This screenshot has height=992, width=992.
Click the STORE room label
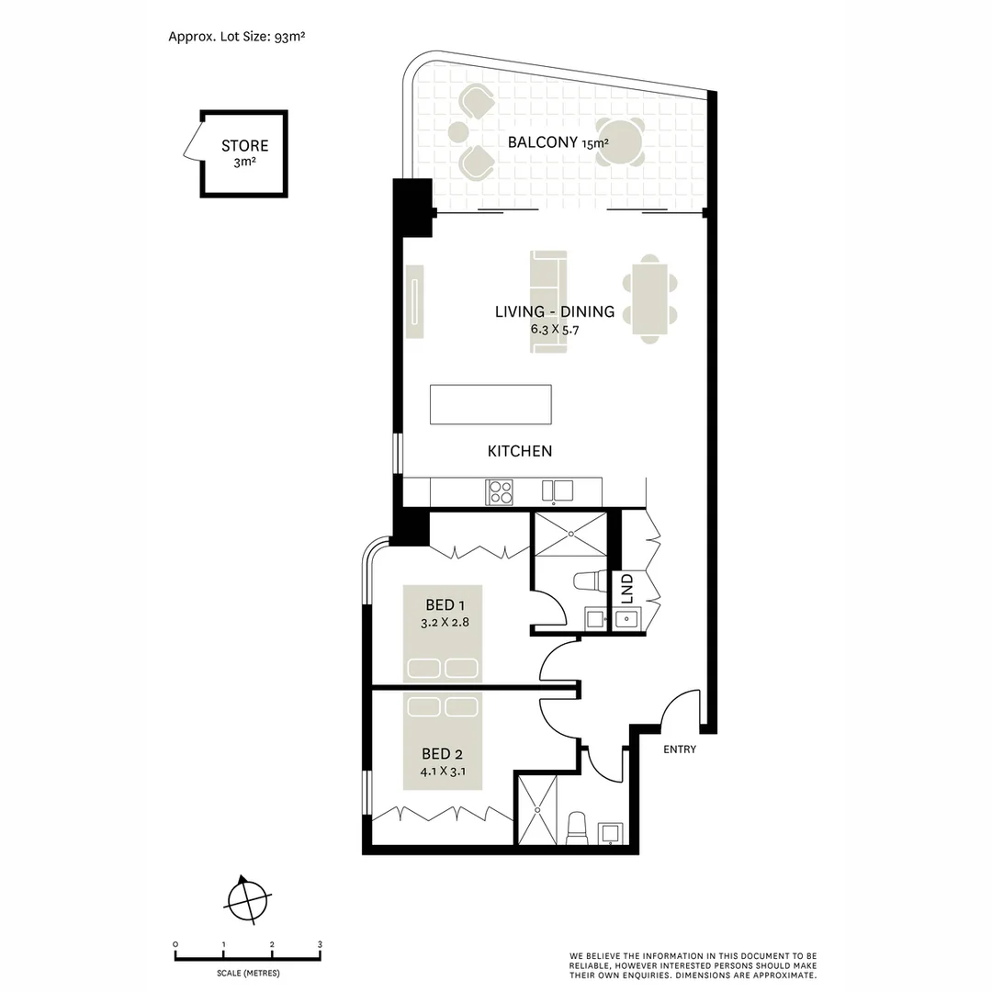click(244, 145)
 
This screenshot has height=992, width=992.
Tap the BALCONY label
click(546, 141)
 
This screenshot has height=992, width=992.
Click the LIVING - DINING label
click(554, 311)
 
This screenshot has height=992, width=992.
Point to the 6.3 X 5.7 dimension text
click(554, 329)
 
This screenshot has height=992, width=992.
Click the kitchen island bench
click(491, 404)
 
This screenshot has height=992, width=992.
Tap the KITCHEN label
click(519, 451)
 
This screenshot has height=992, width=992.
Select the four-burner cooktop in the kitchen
click(500, 491)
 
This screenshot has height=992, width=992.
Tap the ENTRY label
click(680, 750)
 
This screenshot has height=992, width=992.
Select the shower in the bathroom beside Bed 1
click(570, 534)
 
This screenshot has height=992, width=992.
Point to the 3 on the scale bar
click(320, 944)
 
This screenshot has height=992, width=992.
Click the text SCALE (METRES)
click(248, 973)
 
